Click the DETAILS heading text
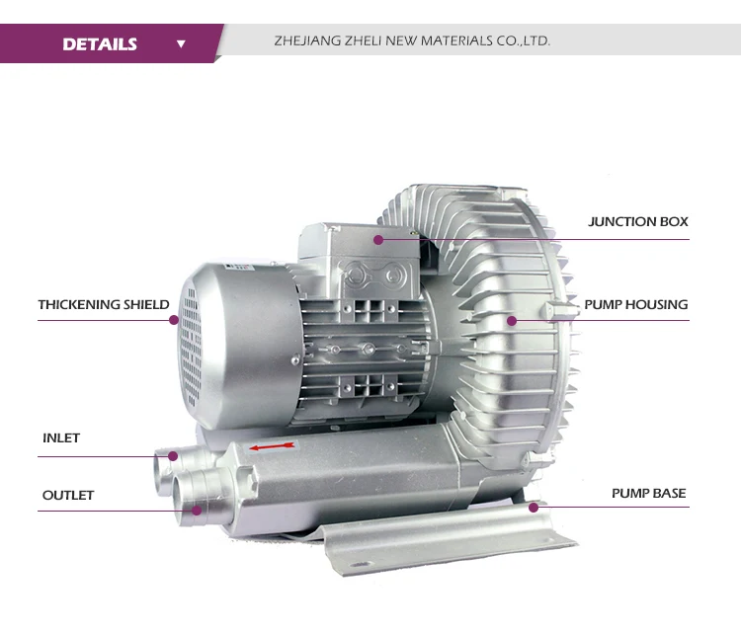pos(100,43)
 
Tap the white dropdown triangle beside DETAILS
pos(181,43)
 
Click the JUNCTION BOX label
pos(637,221)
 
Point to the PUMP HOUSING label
pos(636,305)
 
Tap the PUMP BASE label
pos(648,493)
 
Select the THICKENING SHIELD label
pos(104,305)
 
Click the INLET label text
pos(61,437)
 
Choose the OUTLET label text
pos(68,495)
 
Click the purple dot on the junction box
pos(378,240)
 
